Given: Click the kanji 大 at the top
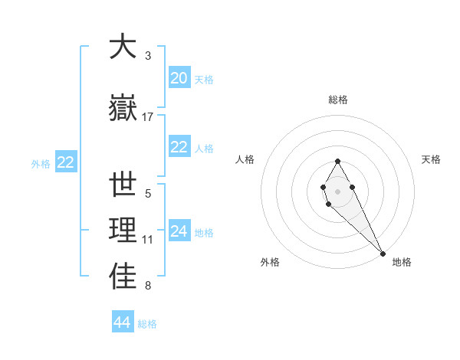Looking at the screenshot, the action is click(123, 47).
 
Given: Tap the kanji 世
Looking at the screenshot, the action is click(123, 185).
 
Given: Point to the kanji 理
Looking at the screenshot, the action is click(123, 231).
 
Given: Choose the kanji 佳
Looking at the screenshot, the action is click(123, 277).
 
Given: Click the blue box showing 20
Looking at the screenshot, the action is click(179, 78).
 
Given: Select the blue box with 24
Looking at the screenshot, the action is click(179, 231).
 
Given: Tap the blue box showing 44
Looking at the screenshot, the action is click(123, 322).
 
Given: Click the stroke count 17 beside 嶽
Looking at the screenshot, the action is click(148, 116).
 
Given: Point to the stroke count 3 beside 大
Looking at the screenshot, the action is click(148, 56).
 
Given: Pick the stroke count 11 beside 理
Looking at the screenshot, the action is click(148, 240).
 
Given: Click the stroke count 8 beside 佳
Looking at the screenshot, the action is click(148, 286).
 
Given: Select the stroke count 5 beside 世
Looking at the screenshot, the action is click(148, 194).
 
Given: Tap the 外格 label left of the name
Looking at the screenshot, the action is click(41, 163).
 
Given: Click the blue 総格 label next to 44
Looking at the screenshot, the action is click(147, 324).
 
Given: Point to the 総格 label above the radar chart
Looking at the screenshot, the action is click(338, 100).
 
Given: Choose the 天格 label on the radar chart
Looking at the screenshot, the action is click(432, 159).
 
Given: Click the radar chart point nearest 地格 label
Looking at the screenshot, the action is click(382, 254).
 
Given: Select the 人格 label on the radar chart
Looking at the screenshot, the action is click(245, 159).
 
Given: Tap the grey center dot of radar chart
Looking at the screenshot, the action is click(337, 190).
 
